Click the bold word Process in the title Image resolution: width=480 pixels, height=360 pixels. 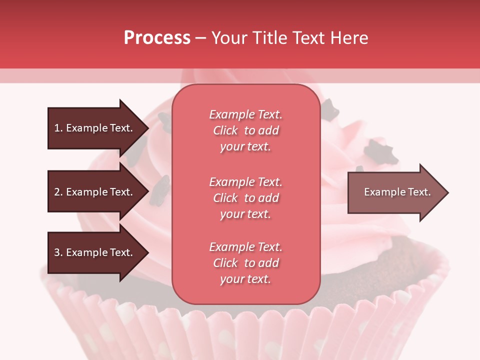point(157,38)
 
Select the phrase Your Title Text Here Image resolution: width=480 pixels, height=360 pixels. point(290,38)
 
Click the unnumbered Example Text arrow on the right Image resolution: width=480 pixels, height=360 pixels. point(395,192)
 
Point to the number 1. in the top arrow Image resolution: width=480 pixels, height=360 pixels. point(58,128)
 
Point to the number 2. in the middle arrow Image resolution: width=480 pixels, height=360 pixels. point(58,192)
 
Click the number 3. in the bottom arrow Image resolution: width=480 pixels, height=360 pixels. point(58,252)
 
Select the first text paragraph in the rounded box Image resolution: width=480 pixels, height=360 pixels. point(245,130)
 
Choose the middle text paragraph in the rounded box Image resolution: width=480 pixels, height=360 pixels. point(245,198)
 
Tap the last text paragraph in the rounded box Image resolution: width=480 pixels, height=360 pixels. point(245,263)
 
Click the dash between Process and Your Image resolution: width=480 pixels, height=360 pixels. point(200,38)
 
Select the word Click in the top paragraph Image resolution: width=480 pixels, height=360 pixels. point(225,130)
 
